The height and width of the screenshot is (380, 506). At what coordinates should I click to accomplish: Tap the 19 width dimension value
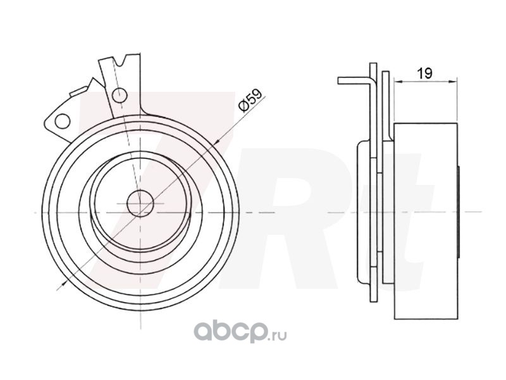[425, 73]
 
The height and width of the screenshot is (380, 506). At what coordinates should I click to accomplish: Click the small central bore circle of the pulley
[140, 203]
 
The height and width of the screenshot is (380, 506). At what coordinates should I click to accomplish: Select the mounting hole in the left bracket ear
[62, 121]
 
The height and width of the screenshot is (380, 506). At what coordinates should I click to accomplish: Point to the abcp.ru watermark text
[240, 332]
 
